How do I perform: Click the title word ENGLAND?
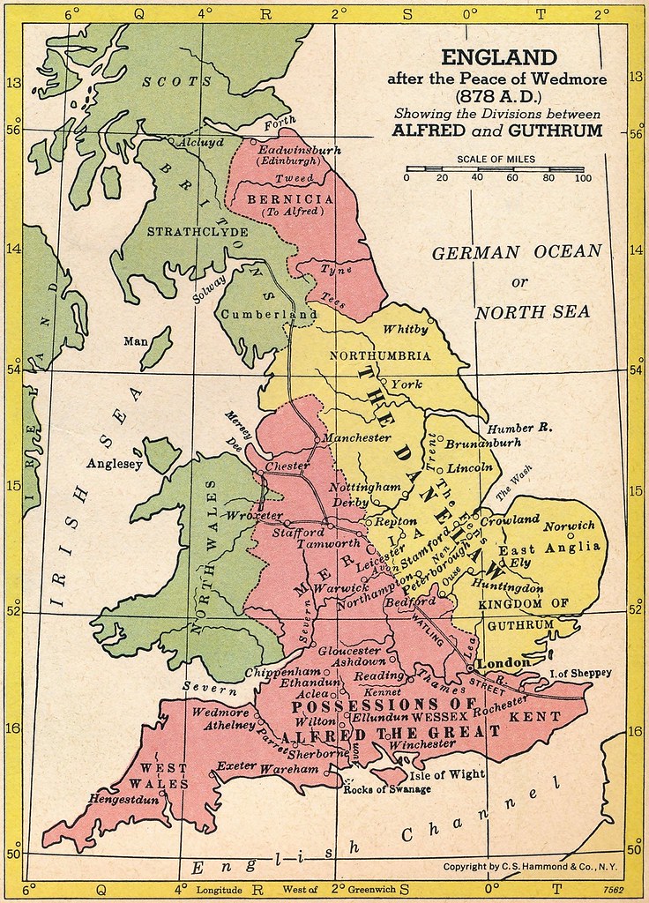[x=499, y=58]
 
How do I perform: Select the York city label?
[x=407, y=384]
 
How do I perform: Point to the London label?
[x=503, y=662]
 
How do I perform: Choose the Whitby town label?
[x=406, y=330]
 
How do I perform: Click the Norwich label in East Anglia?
[x=569, y=526]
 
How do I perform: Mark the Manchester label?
[x=356, y=437]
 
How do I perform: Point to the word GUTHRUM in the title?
[x=561, y=131]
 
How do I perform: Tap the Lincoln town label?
[x=470, y=467]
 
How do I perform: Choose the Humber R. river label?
[x=520, y=427]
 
